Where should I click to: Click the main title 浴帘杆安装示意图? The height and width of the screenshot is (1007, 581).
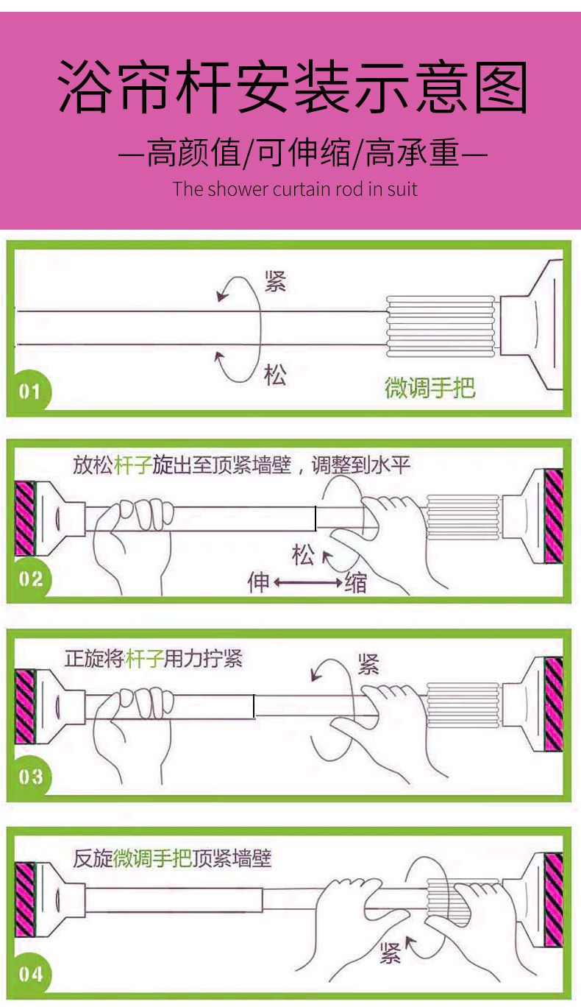(293, 87)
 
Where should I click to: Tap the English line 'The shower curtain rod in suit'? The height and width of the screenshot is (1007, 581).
(295, 188)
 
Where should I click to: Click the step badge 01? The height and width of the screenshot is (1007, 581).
(29, 391)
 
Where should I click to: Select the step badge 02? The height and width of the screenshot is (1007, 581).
(31, 579)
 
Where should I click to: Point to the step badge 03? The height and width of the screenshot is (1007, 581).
(31, 777)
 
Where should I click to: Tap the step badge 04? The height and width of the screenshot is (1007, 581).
(31, 975)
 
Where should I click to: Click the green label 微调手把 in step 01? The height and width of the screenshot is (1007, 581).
(429, 387)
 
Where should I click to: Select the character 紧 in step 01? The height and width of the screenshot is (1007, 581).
(275, 282)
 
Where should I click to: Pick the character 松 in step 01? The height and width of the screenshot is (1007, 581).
(275, 375)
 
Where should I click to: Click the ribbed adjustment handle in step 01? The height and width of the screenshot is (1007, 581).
(441, 326)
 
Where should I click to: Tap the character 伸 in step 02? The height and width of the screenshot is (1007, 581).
(258, 582)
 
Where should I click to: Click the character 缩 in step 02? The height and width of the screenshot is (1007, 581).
(356, 582)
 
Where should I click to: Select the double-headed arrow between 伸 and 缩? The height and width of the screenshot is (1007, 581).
(307, 582)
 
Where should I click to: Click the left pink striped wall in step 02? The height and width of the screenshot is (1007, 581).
(25, 518)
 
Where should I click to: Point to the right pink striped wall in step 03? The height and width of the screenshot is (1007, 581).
(554, 704)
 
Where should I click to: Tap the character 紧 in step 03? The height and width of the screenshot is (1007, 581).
(368, 665)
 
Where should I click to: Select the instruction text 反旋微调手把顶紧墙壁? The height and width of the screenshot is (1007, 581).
(172, 858)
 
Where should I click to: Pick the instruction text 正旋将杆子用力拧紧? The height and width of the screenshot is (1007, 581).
(154, 659)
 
